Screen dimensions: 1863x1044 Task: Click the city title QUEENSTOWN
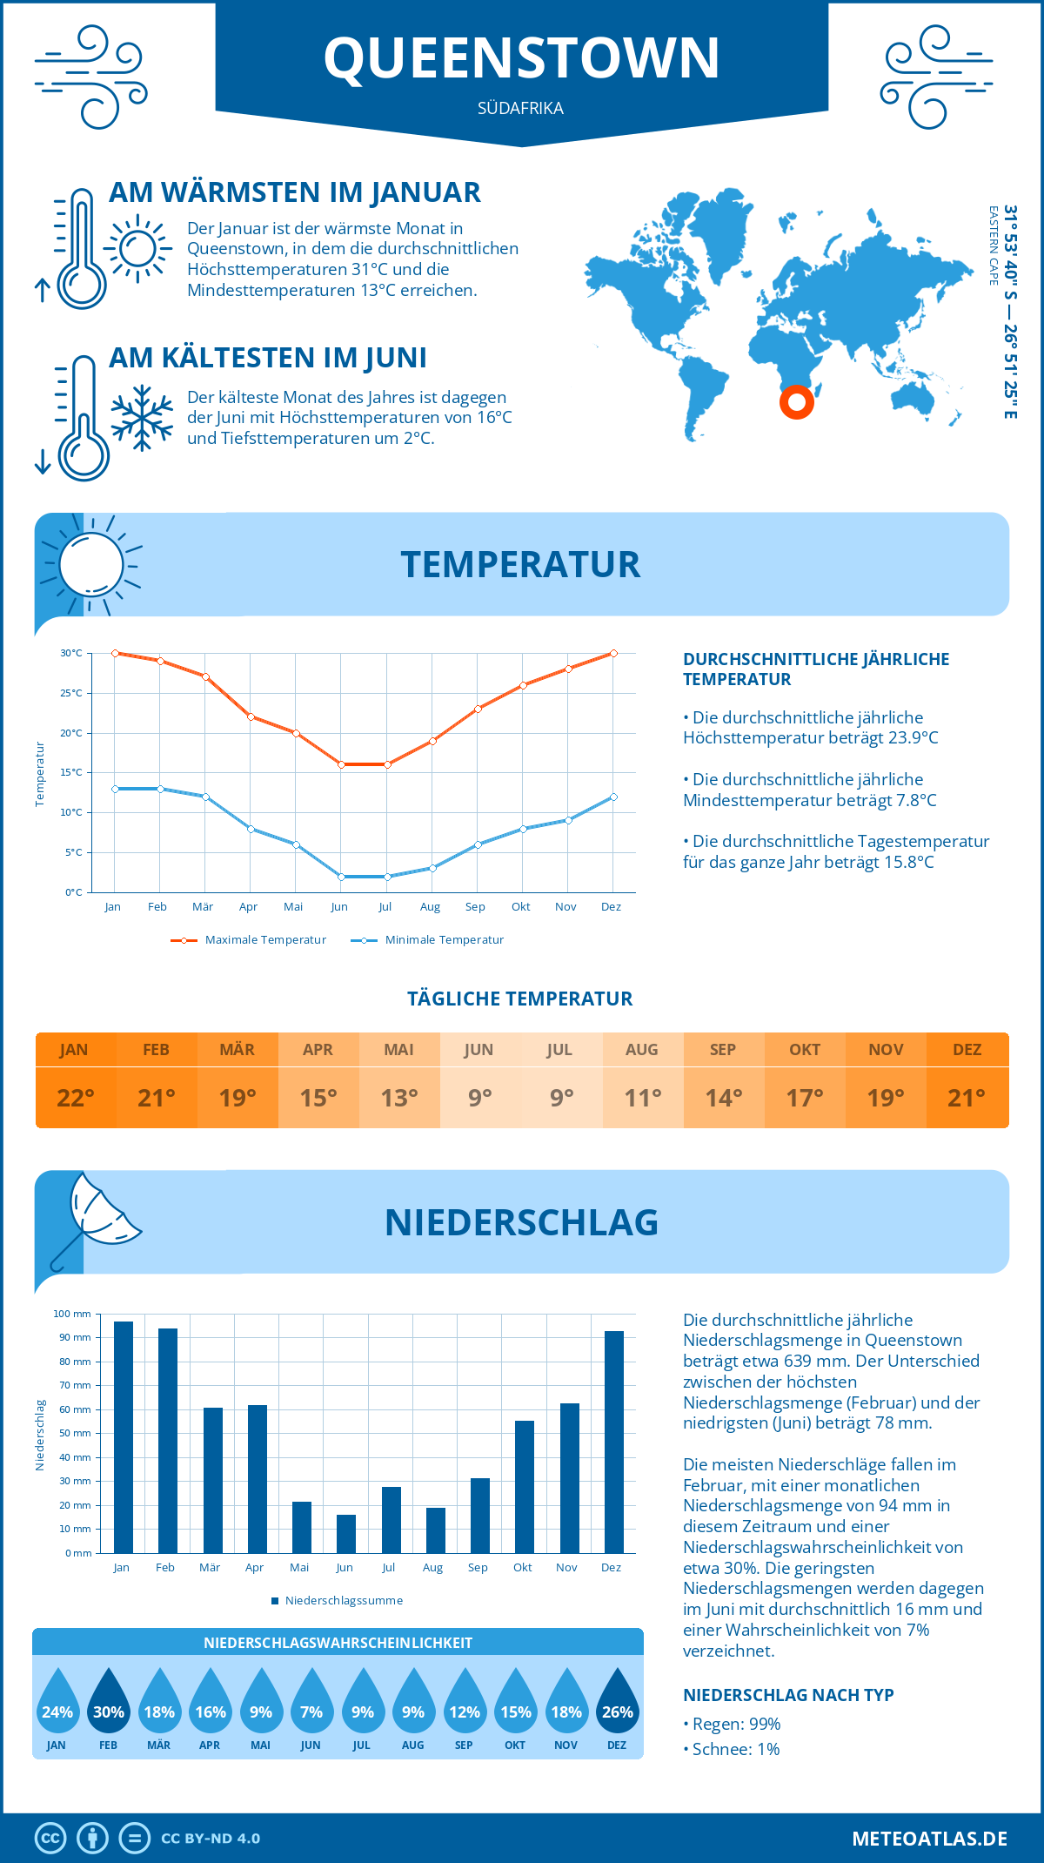coord(521,57)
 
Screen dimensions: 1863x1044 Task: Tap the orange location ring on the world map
coord(796,402)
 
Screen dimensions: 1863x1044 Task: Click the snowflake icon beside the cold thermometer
coord(142,418)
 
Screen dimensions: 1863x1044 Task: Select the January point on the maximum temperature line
coord(115,653)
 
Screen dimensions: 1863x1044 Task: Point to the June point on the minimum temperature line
coord(341,877)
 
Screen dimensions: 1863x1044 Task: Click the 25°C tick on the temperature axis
coord(71,693)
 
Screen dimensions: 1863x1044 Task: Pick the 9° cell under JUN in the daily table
coord(479,1098)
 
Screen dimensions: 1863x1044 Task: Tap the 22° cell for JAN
coord(75,1098)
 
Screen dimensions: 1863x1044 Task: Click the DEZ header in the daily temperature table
coord(967,1050)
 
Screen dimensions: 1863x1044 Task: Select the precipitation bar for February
coord(168,1441)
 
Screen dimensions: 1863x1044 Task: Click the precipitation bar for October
coord(525,1487)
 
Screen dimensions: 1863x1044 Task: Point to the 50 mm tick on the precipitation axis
coord(76,1433)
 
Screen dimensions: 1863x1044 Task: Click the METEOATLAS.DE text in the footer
coord(929,1839)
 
